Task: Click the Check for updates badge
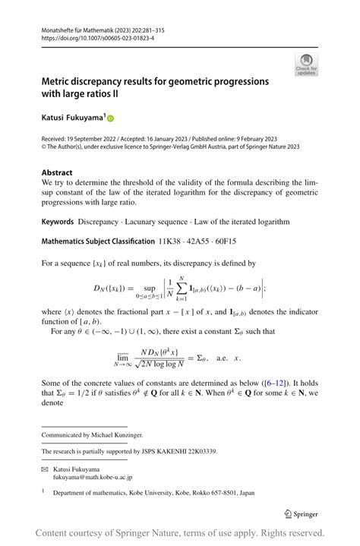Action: [x=306, y=64]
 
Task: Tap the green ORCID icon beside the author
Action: [x=110, y=118]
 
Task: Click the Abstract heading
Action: [x=57, y=173]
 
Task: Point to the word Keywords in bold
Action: [x=58, y=222]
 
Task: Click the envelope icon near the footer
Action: [x=45, y=470]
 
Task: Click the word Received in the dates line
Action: [x=57, y=139]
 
